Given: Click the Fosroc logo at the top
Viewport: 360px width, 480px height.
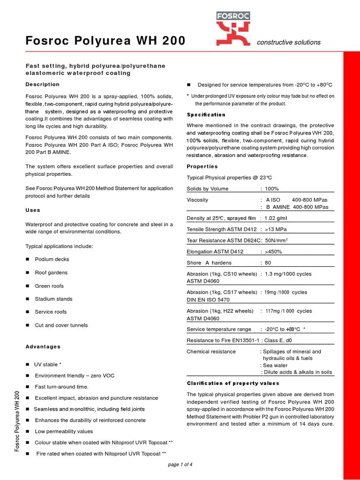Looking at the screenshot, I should pos(233,28).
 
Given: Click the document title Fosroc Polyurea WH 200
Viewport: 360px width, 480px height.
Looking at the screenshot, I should pos(105,41).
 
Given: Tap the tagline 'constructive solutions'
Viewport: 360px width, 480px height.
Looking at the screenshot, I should pos(289,42).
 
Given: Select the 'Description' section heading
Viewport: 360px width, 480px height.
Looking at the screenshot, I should pos(42,84).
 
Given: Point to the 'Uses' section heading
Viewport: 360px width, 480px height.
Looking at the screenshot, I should pos(33,210).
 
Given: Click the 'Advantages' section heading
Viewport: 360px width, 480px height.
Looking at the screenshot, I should pos(43,346).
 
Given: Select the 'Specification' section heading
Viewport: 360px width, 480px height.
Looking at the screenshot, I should pos(206,114).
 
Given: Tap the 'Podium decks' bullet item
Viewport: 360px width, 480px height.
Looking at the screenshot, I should pos(52,259).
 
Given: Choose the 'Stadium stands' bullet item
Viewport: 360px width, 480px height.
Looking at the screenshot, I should pos(53,299).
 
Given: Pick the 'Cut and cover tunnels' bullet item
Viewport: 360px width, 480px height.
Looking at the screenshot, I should pos(61,325).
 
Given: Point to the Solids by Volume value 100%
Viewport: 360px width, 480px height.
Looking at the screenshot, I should pos(271,188).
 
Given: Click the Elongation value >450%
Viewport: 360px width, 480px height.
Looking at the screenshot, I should pos(273,251).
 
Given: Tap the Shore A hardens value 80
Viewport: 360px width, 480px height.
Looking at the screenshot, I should pos(268,262).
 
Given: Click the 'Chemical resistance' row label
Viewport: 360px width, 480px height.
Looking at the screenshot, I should pos(211,351).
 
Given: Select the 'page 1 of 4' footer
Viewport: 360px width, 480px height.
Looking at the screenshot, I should pos(180,465).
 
